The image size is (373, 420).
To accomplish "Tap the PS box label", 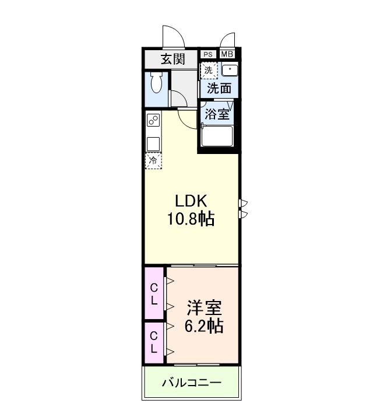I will [x=208, y=54].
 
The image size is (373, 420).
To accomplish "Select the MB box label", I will [x=227, y=54].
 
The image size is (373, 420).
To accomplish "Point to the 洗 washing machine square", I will [x=209, y=70].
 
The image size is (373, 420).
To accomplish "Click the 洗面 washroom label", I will [x=219, y=88].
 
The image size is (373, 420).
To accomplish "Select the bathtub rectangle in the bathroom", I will [x=217, y=138].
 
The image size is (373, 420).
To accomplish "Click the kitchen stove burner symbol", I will [x=153, y=121].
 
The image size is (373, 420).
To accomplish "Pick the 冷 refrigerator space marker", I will [x=153, y=160].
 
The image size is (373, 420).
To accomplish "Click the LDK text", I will [x=192, y=200].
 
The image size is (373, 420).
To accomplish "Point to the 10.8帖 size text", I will [x=192, y=219].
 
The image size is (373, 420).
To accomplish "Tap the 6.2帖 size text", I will [x=203, y=326].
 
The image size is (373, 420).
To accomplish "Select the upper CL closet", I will [x=154, y=294].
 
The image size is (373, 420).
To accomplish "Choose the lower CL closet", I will [x=154, y=342].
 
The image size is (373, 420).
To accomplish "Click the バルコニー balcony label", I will [x=191, y=383].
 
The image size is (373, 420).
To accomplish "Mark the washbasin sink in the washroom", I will [x=229, y=70].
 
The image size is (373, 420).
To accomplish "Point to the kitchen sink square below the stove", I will [x=153, y=143].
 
